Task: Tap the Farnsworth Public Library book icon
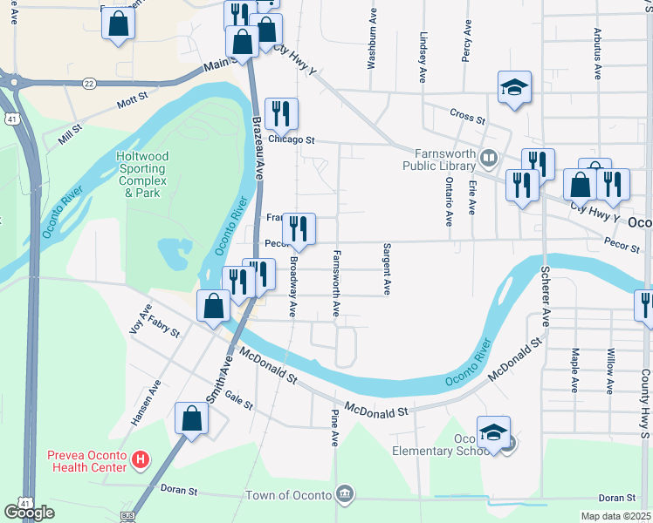pyautogui.click(x=489, y=159)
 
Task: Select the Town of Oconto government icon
pyautogui.click(x=346, y=495)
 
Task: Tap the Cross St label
pyautogui.click(x=467, y=115)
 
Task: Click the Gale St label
pyautogui.click(x=238, y=400)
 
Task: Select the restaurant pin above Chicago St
pyautogui.click(x=281, y=113)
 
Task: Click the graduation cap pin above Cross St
pyautogui.click(x=514, y=87)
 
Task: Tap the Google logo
pyautogui.click(x=30, y=513)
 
